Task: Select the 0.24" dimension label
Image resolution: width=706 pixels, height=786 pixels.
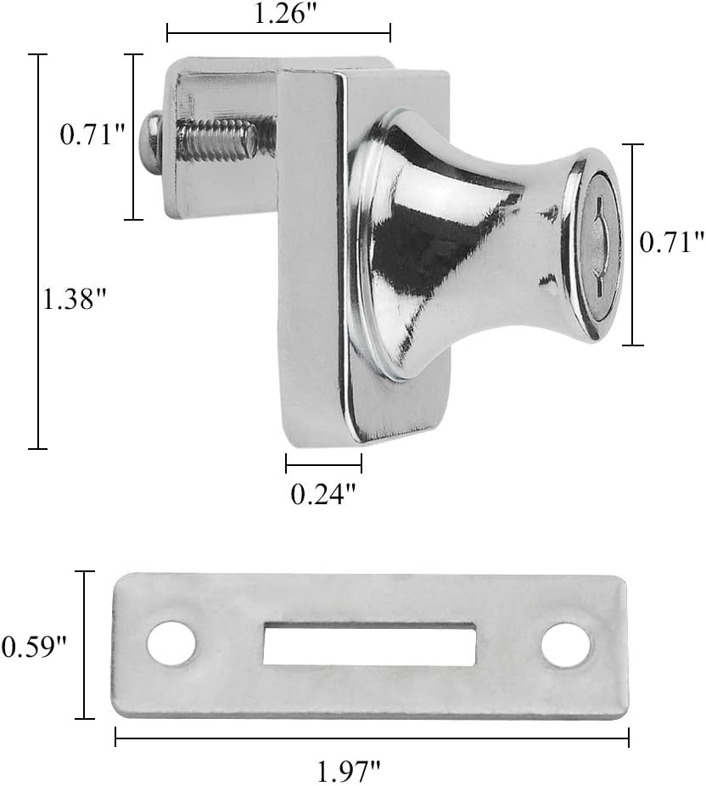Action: [x=322, y=494]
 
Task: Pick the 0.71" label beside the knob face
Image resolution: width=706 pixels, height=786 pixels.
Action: [x=672, y=243]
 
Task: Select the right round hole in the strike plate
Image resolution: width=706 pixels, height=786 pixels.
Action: [x=566, y=646]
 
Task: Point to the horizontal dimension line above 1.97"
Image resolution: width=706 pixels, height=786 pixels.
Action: [x=372, y=741]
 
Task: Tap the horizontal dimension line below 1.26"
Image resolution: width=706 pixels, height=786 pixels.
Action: [x=278, y=34]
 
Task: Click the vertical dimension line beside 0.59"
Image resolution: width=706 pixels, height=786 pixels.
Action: [x=84, y=645]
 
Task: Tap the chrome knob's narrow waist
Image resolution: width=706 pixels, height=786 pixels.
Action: [x=518, y=246]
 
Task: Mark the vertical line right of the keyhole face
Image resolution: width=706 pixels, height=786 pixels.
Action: [x=632, y=244]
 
